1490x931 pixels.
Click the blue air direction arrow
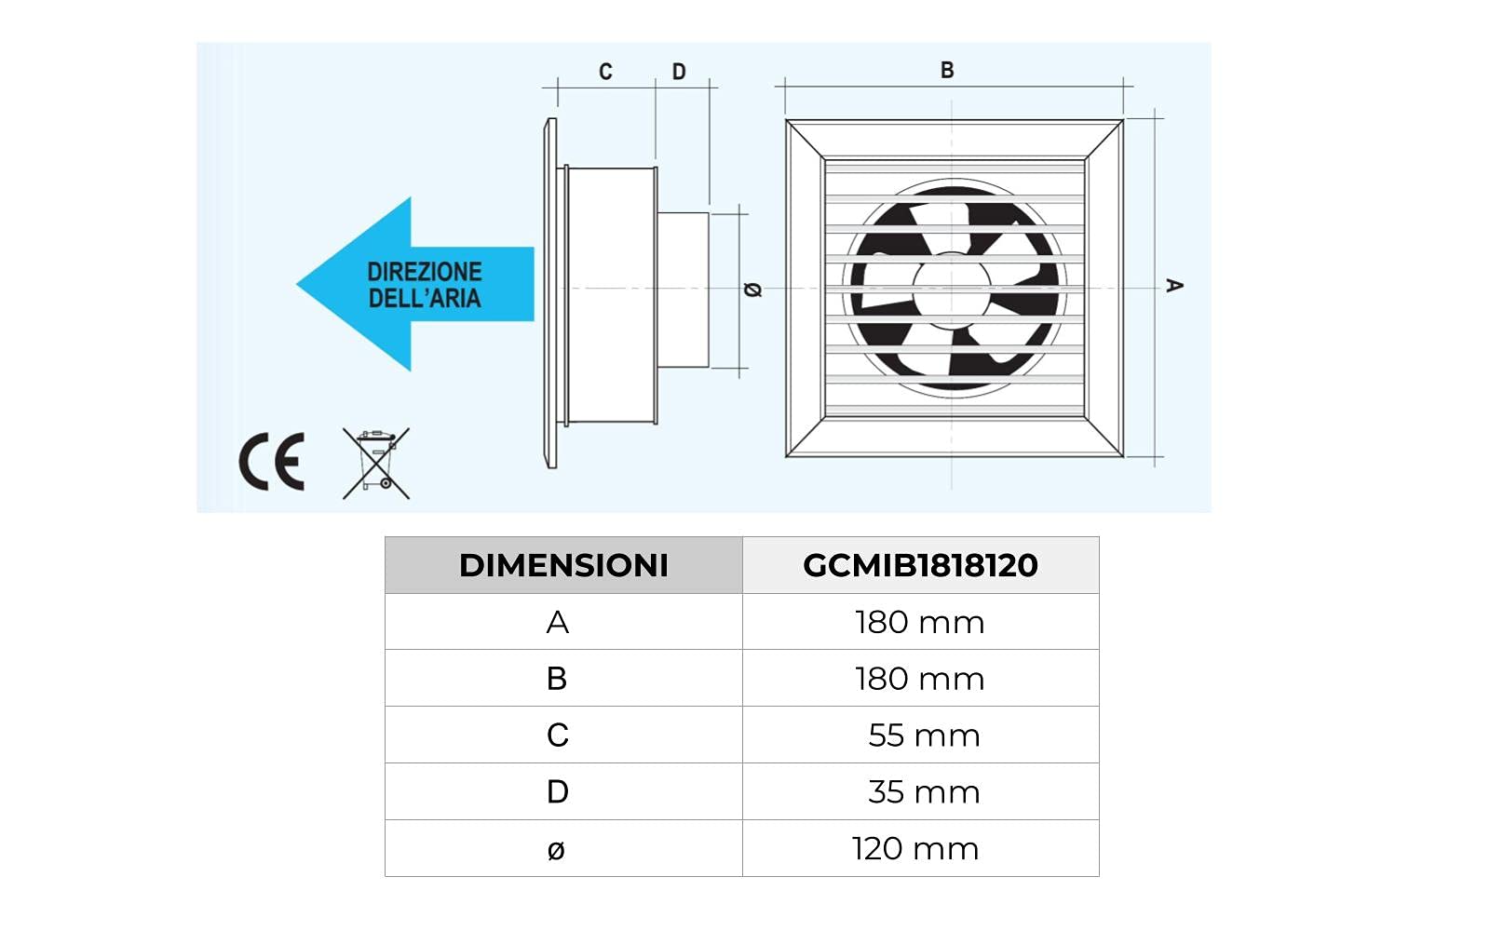click(x=414, y=284)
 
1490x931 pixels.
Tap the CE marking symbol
click(x=272, y=462)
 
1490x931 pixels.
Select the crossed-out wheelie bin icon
click(x=375, y=463)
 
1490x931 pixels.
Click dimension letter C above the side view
click(x=605, y=72)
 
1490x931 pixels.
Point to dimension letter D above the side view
click(x=679, y=72)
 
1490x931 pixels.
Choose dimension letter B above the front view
click(x=947, y=70)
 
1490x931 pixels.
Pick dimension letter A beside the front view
click(x=1174, y=285)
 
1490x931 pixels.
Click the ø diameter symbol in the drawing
click(x=753, y=290)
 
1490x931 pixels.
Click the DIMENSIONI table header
click(x=563, y=565)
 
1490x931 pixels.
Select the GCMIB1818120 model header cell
click(x=920, y=565)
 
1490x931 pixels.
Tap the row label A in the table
click(x=557, y=622)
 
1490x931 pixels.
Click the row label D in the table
click(x=557, y=792)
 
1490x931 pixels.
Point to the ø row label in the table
click(x=556, y=849)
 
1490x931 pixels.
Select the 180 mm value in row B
click(x=919, y=679)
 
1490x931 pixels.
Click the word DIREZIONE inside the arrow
click(x=425, y=272)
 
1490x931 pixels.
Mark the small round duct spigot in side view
click(x=683, y=290)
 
